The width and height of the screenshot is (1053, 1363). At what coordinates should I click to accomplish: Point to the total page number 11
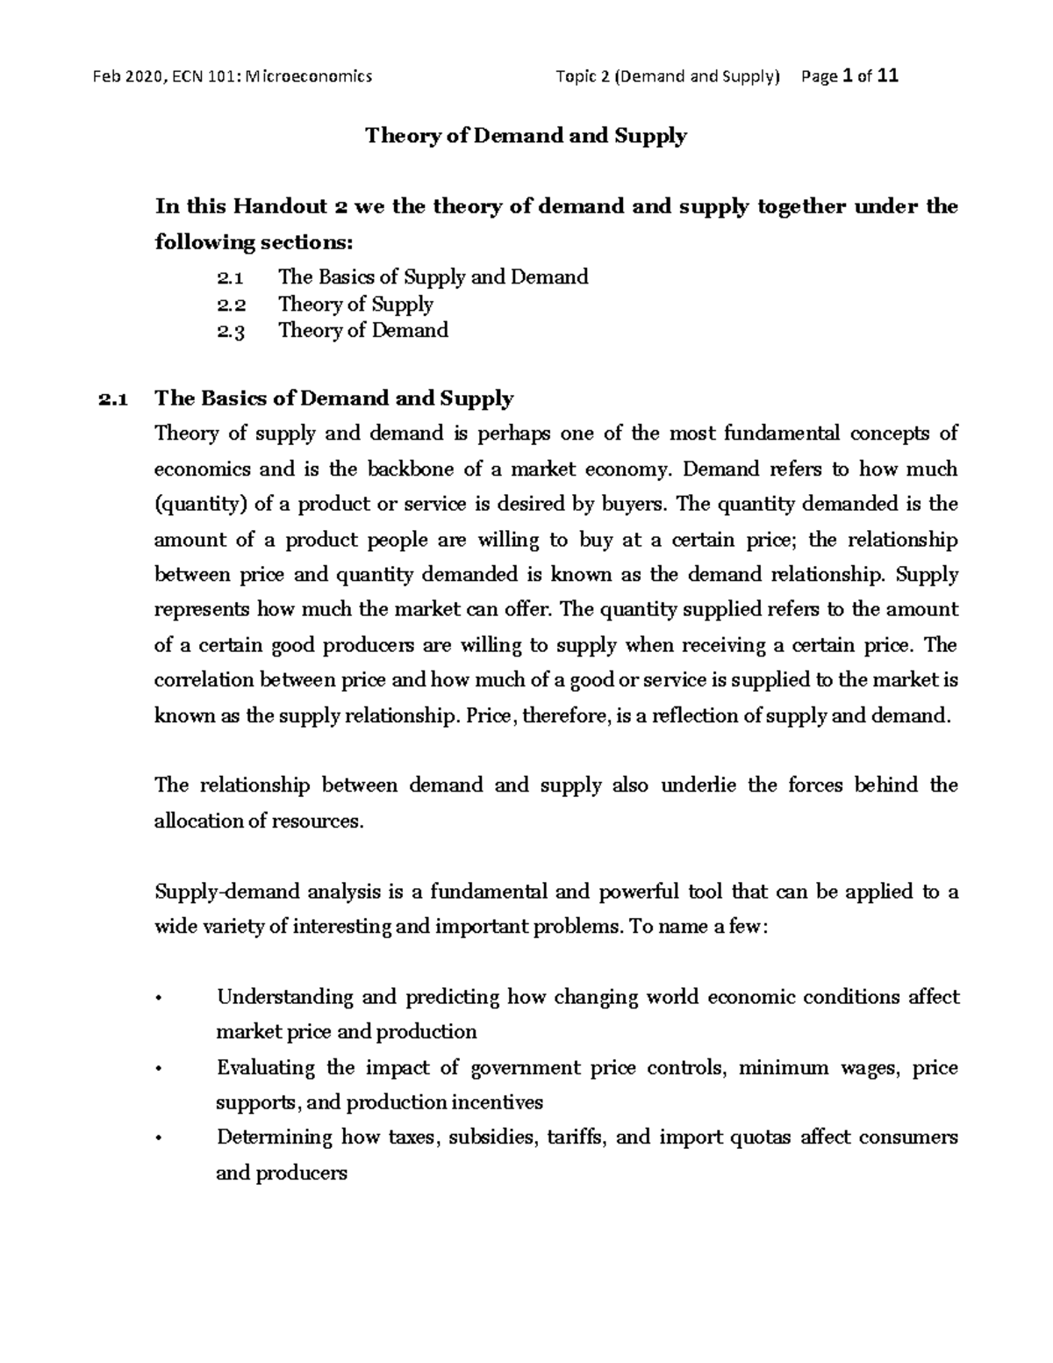[887, 76]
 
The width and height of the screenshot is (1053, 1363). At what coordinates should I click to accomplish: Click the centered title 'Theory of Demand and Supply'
[526, 136]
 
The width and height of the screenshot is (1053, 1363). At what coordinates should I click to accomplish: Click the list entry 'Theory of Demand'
[362, 331]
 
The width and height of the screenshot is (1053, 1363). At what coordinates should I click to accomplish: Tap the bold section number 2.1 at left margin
[113, 399]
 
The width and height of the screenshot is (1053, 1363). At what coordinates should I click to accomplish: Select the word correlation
[203, 681]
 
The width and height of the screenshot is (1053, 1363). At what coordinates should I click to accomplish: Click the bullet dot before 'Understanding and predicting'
[158, 999]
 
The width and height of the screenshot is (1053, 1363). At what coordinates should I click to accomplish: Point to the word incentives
[496, 1103]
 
